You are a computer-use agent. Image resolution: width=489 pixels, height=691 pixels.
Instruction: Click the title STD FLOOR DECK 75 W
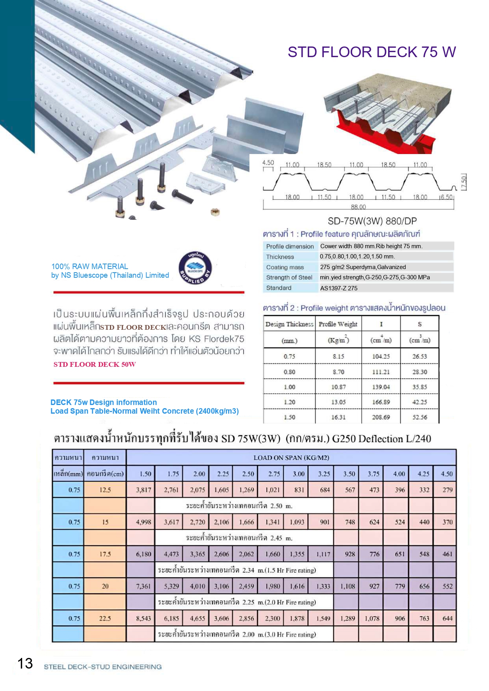[x=371, y=52]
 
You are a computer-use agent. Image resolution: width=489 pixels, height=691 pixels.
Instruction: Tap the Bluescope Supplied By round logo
[x=195, y=268]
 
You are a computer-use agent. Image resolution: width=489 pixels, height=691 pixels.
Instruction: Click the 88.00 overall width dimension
[x=358, y=207]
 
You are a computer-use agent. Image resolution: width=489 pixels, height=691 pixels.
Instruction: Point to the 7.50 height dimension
[x=464, y=181]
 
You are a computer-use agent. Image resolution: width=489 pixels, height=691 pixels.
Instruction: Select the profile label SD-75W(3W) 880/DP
[x=372, y=221]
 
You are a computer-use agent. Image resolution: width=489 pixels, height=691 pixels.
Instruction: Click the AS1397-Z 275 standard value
[x=338, y=288]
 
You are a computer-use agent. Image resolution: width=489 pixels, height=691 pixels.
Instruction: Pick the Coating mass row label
[x=285, y=267]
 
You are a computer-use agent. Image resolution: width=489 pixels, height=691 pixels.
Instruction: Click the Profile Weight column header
[x=338, y=324]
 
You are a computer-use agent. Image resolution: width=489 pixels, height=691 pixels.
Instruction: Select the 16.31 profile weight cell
[x=338, y=417]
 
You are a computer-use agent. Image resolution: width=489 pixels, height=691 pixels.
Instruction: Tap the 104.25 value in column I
[x=381, y=356]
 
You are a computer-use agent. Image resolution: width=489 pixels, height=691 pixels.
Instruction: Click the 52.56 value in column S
[x=419, y=417]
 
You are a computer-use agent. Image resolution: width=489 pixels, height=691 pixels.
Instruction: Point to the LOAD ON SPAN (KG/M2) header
[x=291, y=457]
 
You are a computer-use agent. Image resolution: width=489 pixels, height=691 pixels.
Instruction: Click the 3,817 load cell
[x=143, y=490]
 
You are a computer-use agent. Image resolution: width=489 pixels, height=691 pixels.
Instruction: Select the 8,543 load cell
[x=143, y=619]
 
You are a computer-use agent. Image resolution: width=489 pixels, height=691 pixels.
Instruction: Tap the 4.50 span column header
[x=446, y=474]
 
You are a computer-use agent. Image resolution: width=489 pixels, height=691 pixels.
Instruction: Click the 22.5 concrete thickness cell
[x=105, y=619]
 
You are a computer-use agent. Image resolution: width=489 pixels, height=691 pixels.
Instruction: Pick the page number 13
[x=25, y=663]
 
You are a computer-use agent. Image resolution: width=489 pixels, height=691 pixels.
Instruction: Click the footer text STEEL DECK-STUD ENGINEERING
[x=102, y=667]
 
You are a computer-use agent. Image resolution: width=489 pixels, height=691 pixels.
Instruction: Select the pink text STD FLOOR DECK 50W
[x=95, y=364]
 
